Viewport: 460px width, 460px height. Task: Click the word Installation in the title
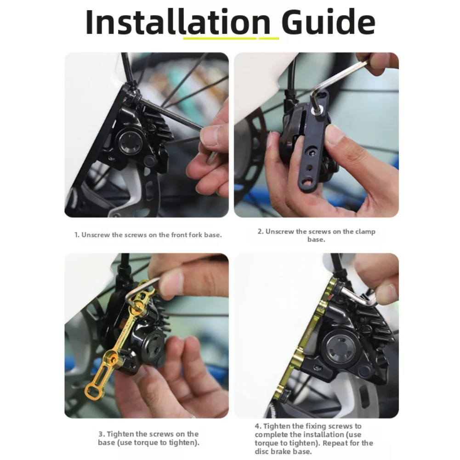(178, 22)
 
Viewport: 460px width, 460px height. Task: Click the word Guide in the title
(328, 22)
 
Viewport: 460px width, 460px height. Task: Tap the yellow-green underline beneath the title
(231, 38)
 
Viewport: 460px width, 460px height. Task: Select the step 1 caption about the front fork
(148, 235)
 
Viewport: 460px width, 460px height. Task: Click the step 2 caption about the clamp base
(316, 235)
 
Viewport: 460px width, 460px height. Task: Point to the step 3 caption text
(148, 438)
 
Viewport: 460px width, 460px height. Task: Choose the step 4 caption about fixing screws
(313, 438)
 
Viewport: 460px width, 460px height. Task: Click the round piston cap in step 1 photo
(130, 142)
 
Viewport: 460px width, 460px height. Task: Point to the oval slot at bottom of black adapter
(307, 181)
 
